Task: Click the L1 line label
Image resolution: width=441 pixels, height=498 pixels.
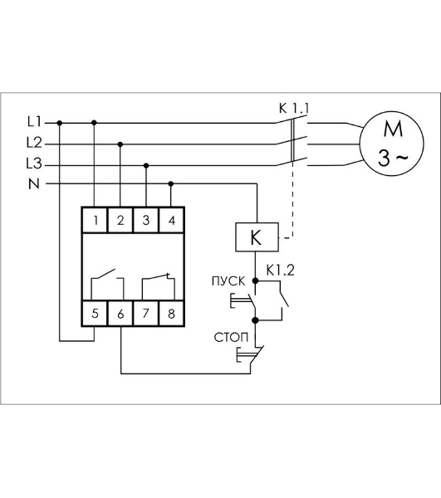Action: (x=34, y=121)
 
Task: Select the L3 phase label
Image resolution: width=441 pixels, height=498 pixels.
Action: (x=34, y=164)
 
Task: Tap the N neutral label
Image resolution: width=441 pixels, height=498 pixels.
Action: (x=34, y=184)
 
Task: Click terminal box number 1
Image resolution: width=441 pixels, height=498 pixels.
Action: (x=95, y=220)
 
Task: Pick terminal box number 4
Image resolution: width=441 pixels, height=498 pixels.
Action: (x=172, y=220)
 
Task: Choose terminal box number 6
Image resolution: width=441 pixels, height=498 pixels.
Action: (x=120, y=314)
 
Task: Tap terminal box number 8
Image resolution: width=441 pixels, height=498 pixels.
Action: (x=172, y=314)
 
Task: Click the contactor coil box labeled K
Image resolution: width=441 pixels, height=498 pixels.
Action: (x=257, y=237)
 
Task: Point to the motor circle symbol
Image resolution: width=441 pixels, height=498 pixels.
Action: (x=391, y=144)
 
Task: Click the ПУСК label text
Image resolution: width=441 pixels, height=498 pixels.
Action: (x=228, y=281)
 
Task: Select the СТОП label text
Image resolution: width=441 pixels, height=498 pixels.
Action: (x=231, y=337)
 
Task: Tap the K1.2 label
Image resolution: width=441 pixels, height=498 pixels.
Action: (x=281, y=271)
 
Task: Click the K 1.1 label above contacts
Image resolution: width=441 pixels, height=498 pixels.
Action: (x=294, y=108)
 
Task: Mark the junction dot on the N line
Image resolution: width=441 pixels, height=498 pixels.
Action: (x=171, y=184)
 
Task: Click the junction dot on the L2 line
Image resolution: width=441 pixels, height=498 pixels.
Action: (x=120, y=144)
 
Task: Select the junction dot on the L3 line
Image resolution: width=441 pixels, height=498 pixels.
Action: (x=146, y=165)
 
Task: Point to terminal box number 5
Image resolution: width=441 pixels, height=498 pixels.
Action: (x=95, y=314)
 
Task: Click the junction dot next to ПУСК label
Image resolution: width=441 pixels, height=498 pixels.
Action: (x=255, y=281)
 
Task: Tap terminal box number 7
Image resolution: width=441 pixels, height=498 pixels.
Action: (x=146, y=314)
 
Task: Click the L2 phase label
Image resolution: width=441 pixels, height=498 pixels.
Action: (x=34, y=142)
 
